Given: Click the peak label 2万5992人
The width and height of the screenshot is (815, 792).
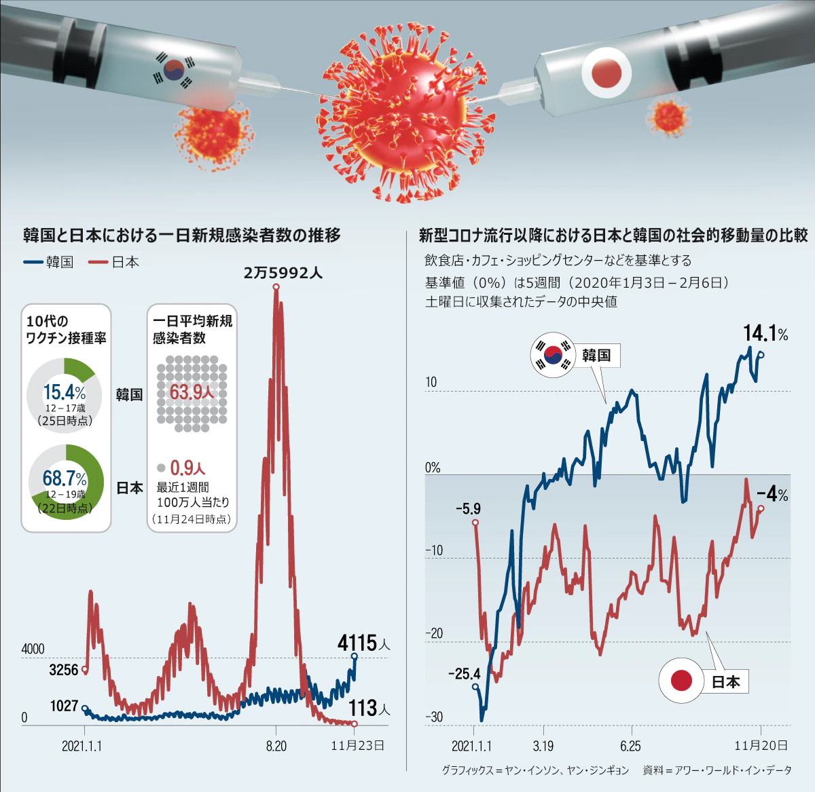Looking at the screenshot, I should click(283, 273).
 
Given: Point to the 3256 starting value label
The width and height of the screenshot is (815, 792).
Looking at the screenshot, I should click(64, 670).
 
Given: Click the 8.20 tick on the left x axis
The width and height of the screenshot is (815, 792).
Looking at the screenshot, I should click(276, 746).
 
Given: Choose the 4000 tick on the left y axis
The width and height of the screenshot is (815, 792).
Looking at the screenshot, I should click(33, 649).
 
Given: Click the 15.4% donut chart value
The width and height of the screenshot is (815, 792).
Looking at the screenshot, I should click(64, 392).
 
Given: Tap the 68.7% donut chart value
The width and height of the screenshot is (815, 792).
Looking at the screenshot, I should click(65, 478).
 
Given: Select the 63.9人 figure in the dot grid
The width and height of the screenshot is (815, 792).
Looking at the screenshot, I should click(191, 392).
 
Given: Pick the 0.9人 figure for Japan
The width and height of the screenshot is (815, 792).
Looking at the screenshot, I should click(187, 468).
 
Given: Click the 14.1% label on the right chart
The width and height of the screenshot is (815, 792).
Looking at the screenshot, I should click(765, 333).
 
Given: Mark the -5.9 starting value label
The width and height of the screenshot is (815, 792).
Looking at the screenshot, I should click(468, 508).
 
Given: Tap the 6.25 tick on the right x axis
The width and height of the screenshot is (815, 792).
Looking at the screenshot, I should click(630, 746).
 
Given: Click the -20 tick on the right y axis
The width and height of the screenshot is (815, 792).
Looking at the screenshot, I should click(433, 633).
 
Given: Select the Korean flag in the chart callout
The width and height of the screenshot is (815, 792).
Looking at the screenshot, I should click(552, 354).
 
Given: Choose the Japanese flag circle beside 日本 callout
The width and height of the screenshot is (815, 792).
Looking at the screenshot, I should click(681, 680).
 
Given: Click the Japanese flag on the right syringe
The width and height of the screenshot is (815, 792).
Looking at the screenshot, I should click(606, 72).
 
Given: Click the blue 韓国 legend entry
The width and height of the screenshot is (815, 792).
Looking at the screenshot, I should click(49, 262).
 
